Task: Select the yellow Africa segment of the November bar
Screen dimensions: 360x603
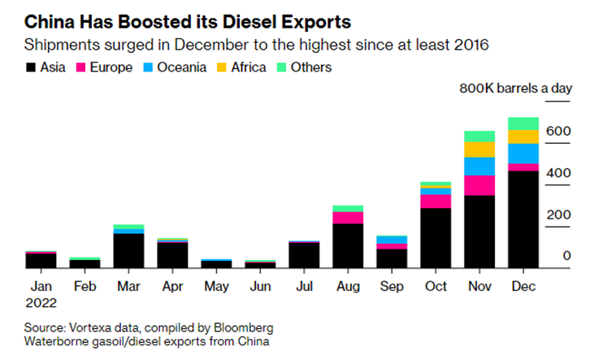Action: pyautogui.click(x=479, y=150)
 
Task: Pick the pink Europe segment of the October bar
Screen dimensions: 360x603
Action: pyautogui.click(x=436, y=201)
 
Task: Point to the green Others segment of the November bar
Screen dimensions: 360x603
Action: pyautogui.click(x=479, y=137)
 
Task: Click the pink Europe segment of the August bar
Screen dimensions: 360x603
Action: pyautogui.click(x=348, y=217)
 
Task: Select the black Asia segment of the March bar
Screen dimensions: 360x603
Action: pyautogui.click(x=128, y=250)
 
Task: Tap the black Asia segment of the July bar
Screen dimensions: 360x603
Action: pyautogui.click(x=304, y=255)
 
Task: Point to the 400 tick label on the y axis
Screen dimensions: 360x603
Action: pyautogui.click(x=561, y=173)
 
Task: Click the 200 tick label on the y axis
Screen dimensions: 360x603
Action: pyautogui.click(x=561, y=215)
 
